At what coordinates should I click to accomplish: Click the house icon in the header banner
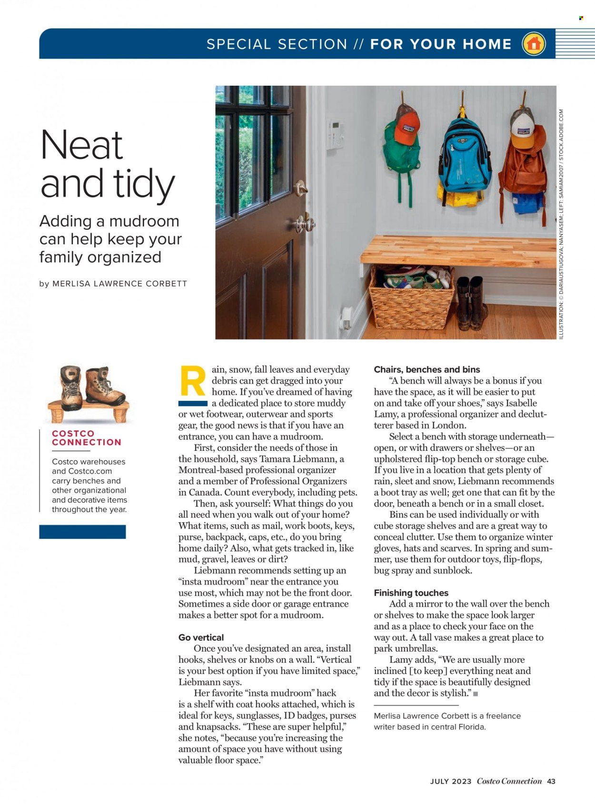tap(534, 44)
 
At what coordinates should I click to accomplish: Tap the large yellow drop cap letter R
tap(193, 381)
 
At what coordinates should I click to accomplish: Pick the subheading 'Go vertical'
tap(201, 637)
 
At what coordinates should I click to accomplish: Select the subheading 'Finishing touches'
tap(411, 593)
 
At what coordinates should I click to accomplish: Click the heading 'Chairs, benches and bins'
tap(427, 369)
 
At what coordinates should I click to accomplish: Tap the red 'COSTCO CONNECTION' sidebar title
tap(87, 438)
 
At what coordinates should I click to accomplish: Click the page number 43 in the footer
tap(551, 781)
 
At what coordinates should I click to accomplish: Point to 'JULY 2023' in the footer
tap(451, 781)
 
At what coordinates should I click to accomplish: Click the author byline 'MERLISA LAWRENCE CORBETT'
tap(119, 284)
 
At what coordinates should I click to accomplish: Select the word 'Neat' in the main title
tap(82, 145)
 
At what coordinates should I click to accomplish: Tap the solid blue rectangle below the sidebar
tap(82, 532)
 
